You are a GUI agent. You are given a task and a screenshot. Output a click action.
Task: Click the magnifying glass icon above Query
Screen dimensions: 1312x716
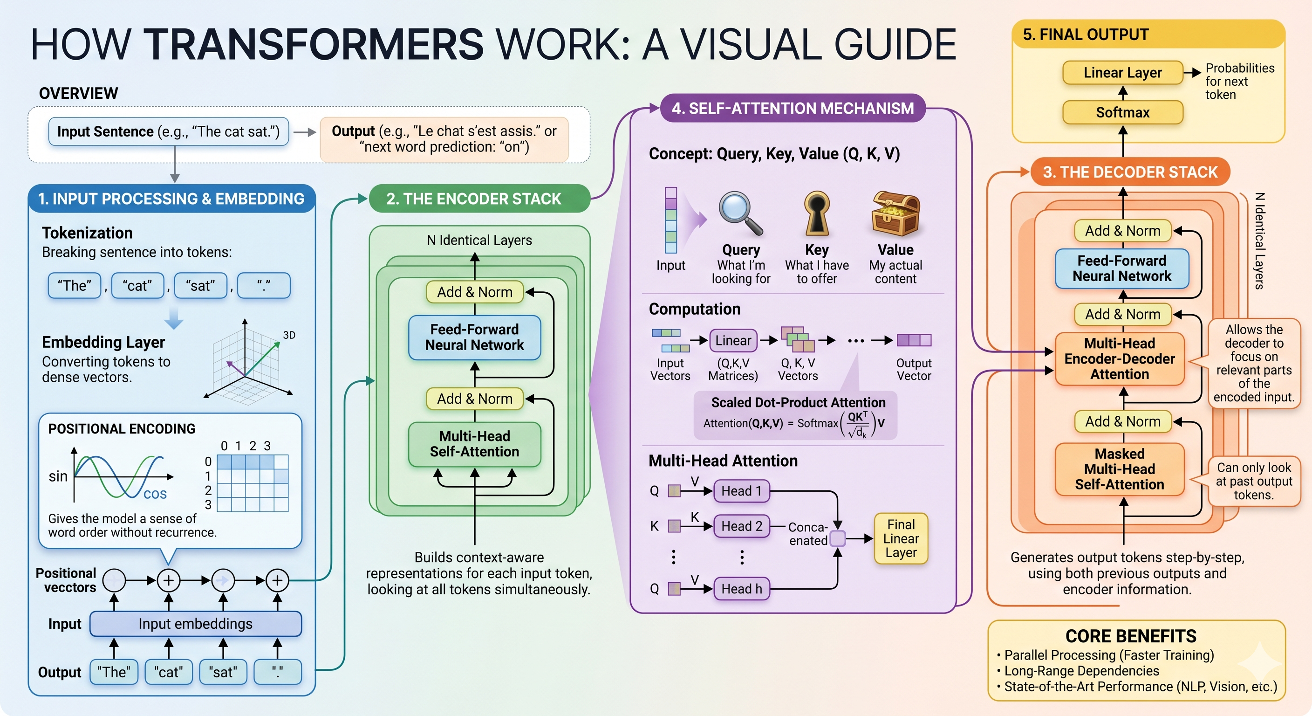[x=740, y=213]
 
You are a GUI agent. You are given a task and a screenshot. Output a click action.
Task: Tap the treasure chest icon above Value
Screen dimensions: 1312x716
[x=895, y=213]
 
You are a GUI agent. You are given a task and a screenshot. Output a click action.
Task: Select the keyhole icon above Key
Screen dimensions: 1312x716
[x=817, y=213]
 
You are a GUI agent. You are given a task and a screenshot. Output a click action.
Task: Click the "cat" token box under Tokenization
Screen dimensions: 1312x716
[x=137, y=285]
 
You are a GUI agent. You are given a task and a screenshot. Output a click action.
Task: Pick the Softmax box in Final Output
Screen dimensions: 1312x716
[x=1122, y=113]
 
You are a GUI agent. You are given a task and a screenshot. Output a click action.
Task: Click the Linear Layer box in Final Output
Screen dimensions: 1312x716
[x=1122, y=73]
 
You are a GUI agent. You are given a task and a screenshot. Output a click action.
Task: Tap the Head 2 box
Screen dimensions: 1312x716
[x=742, y=526]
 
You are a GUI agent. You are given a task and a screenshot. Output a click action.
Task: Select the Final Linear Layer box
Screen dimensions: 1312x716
[x=901, y=539]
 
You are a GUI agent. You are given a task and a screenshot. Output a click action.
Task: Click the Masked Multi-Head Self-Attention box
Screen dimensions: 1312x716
[x=1120, y=469]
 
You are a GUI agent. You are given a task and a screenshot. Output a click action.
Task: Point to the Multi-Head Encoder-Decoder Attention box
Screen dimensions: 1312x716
[x=1120, y=359]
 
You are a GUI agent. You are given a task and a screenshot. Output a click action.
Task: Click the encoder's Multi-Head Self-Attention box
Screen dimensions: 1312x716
[x=475, y=444]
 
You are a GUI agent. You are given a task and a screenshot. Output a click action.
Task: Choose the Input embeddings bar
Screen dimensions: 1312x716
[x=196, y=624]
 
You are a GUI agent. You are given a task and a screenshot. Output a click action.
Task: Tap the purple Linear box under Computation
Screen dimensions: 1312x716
[x=733, y=340]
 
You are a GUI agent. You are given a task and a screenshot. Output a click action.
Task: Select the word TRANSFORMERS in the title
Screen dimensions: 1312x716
[x=313, y=44]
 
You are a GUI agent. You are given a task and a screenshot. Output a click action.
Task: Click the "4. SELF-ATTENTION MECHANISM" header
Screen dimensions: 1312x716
[x=793, y=109]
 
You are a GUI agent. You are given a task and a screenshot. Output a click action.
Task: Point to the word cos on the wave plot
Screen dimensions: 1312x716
[x=155, y=494]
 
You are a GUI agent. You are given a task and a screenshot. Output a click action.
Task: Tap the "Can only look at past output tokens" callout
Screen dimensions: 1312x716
[x=1254, y=481]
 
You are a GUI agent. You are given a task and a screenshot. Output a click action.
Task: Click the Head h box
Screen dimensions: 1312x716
[x=742, y=589]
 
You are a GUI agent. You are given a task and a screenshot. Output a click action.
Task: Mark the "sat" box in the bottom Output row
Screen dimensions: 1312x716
[x=223, y=672]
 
